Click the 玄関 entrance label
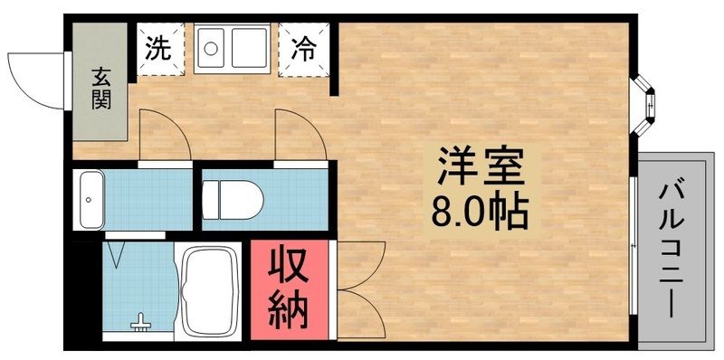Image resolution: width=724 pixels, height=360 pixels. pos(100,88)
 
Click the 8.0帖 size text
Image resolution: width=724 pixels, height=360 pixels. pos(482,213)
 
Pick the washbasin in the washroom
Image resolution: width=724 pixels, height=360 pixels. pos(91,199)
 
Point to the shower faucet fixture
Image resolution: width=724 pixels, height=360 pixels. pos(140,321)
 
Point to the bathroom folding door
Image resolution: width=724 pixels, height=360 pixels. pos(117,252)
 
